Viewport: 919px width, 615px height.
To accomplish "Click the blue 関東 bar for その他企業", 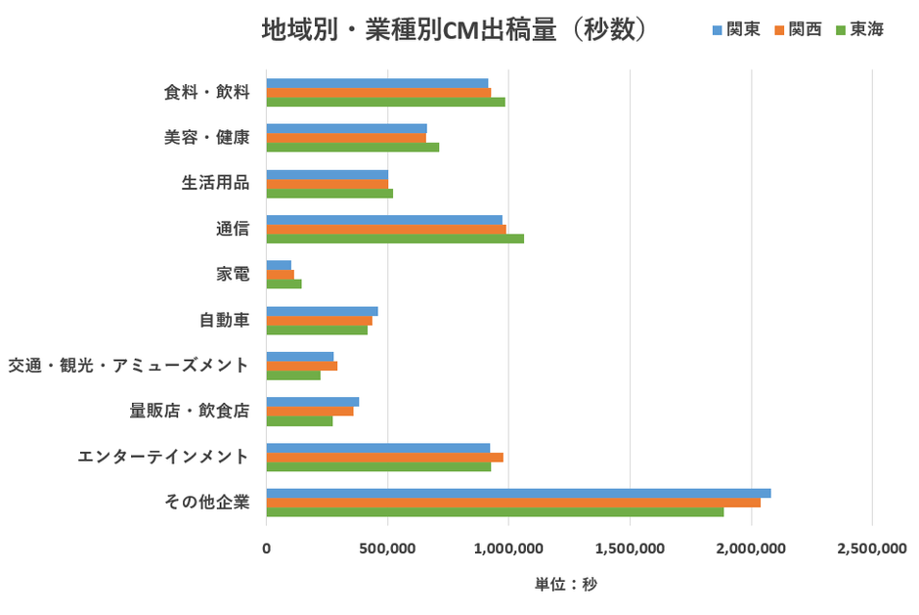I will (x=518, y=493).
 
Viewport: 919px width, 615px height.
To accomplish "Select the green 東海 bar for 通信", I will (x=395, y=239).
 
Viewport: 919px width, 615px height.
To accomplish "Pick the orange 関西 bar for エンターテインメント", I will (x=384, y=457).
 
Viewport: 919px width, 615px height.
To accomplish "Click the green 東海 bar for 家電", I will (x=284, y=284).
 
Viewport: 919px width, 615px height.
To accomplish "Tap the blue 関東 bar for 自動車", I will (x=322, y=311).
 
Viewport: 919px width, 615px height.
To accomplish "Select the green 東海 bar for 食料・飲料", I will (x=385, y=102).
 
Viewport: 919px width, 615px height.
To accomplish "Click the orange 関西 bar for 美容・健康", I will (x=346, y=138).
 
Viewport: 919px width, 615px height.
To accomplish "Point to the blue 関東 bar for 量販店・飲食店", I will (x=313, y=402).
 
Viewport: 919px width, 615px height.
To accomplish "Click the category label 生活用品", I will (x=215, y=183).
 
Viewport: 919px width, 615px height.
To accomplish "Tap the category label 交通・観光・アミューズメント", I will (x=128, y=365).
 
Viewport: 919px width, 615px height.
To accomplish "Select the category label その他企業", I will (x=207, y=503).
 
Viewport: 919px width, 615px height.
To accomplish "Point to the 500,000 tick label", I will (x=387, y=549).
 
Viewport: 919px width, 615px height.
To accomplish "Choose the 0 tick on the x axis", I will (x=266, y=549).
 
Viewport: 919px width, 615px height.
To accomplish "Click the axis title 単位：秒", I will (x=565, y=585).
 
